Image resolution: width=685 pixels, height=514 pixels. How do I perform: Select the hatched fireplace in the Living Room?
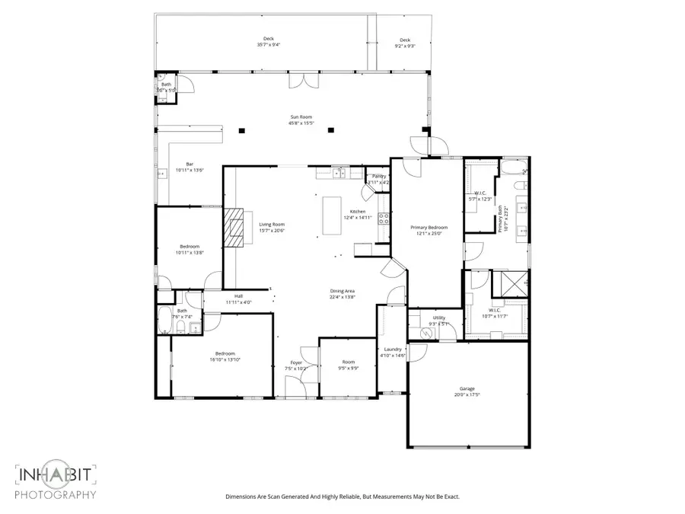click(236, 228)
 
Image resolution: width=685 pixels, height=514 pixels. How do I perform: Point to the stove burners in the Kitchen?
click(384, 220)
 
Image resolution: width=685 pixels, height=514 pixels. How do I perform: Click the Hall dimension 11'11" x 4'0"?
click(238, 302)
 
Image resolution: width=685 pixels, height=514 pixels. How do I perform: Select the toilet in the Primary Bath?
click(520, 185)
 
